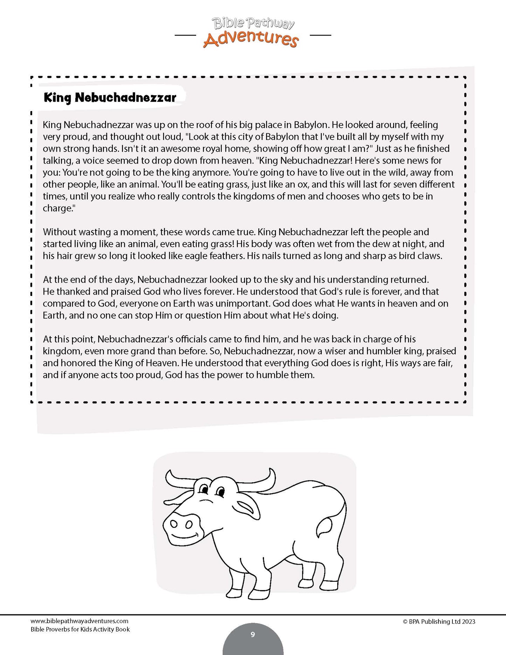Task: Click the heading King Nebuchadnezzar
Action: tap(110, 97)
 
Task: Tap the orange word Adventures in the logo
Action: tap(251, 39)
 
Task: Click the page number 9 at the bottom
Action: tap(253, 634)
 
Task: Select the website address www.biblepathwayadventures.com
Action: tap(79, 621)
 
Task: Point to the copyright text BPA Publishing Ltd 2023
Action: tap(439, 622)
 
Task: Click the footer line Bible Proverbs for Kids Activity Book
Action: tap(80, 629)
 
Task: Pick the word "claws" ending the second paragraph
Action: tap(430, 256)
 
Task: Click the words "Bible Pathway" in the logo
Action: tap(253, 24)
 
